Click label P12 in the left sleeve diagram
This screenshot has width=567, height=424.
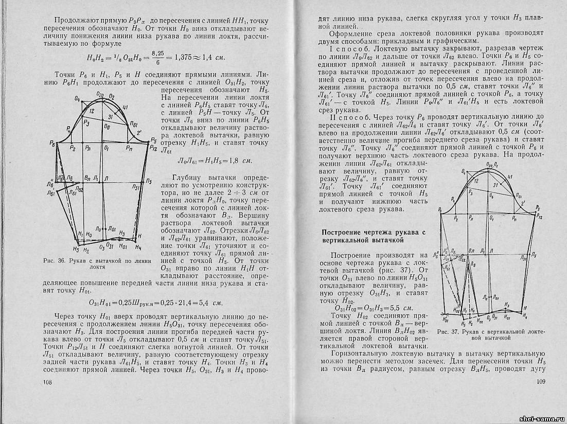tap(153, 148)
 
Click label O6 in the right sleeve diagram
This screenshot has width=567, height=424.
tap(492, 197)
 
